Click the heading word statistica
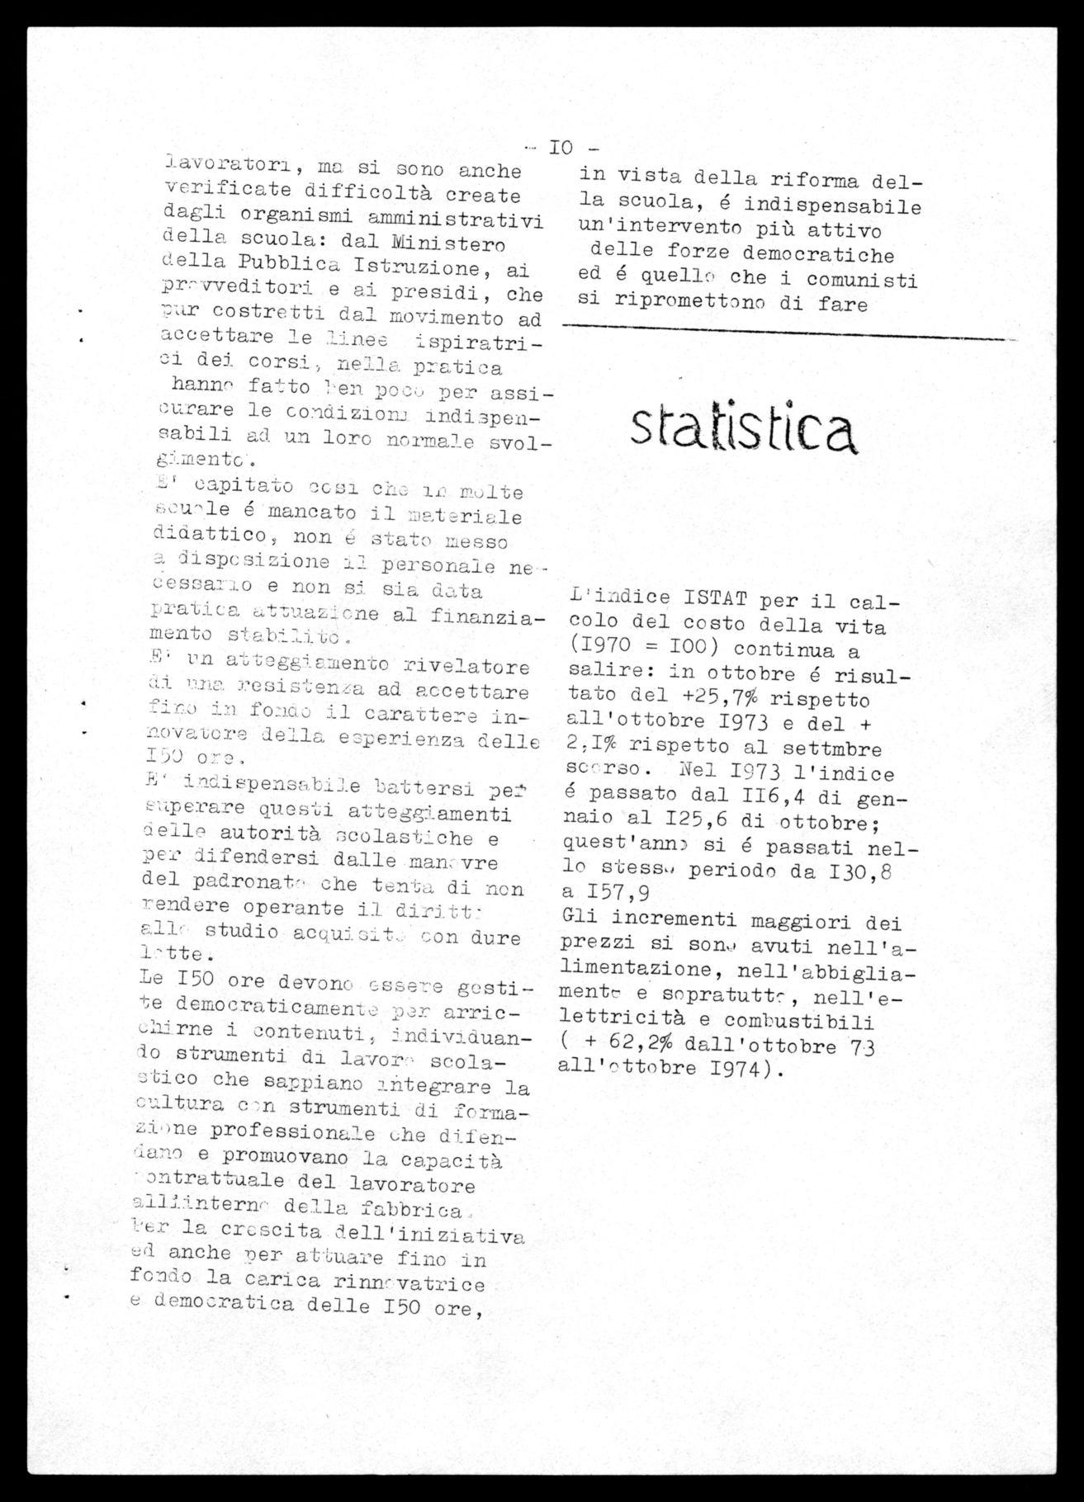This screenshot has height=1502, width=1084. click(x=742, y=430)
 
